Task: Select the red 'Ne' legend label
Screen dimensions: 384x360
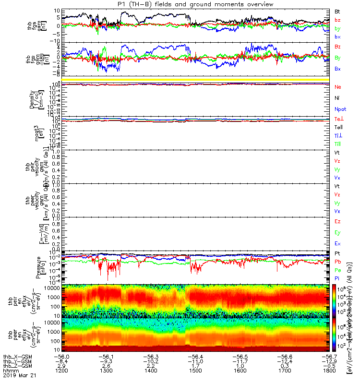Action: pos(337,87)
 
